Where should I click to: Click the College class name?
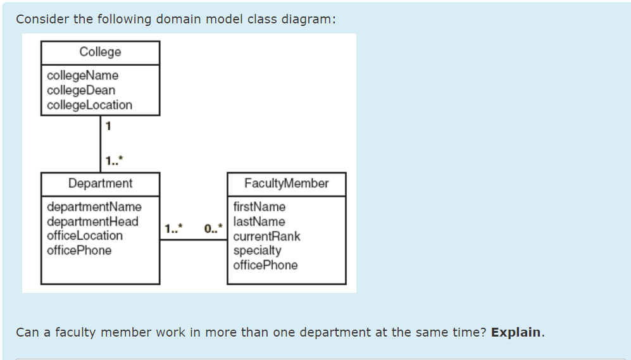coord(100,52)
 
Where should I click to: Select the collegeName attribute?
coord(82,75)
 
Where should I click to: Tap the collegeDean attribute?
coord(81,90)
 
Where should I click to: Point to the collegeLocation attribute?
coord(89,105)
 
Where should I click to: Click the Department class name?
coord(101,183)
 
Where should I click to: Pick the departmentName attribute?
coord(94,207)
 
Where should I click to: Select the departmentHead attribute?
coord(92,221)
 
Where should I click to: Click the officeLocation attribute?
coord(85,235)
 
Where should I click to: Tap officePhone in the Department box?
coord(79,251)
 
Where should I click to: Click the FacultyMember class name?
coord(287,183)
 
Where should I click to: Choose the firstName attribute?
coord(259,207)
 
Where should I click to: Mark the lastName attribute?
coord(259,221)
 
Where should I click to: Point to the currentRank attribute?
coord(266,237)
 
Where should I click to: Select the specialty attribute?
coord(257,251)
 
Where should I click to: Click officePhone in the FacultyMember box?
coord(265,265)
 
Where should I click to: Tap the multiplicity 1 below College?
coord(108,125)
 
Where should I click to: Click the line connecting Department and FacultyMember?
coord(193,240)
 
